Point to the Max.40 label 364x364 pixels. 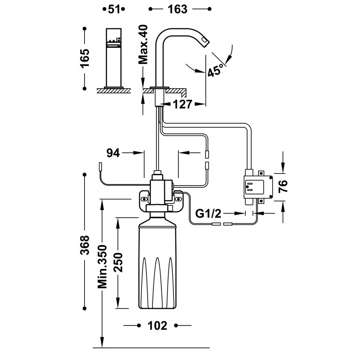[143, 44]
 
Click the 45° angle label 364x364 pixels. [216, 70]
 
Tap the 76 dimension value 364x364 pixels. [283, 186]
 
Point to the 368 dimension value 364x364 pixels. [84, 245]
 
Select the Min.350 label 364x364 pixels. [102, 266]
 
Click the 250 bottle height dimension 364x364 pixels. [118, 262]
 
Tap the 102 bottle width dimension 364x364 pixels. [157, 325]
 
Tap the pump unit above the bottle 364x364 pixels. [157, 190]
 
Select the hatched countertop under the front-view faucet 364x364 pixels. [114, 91]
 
